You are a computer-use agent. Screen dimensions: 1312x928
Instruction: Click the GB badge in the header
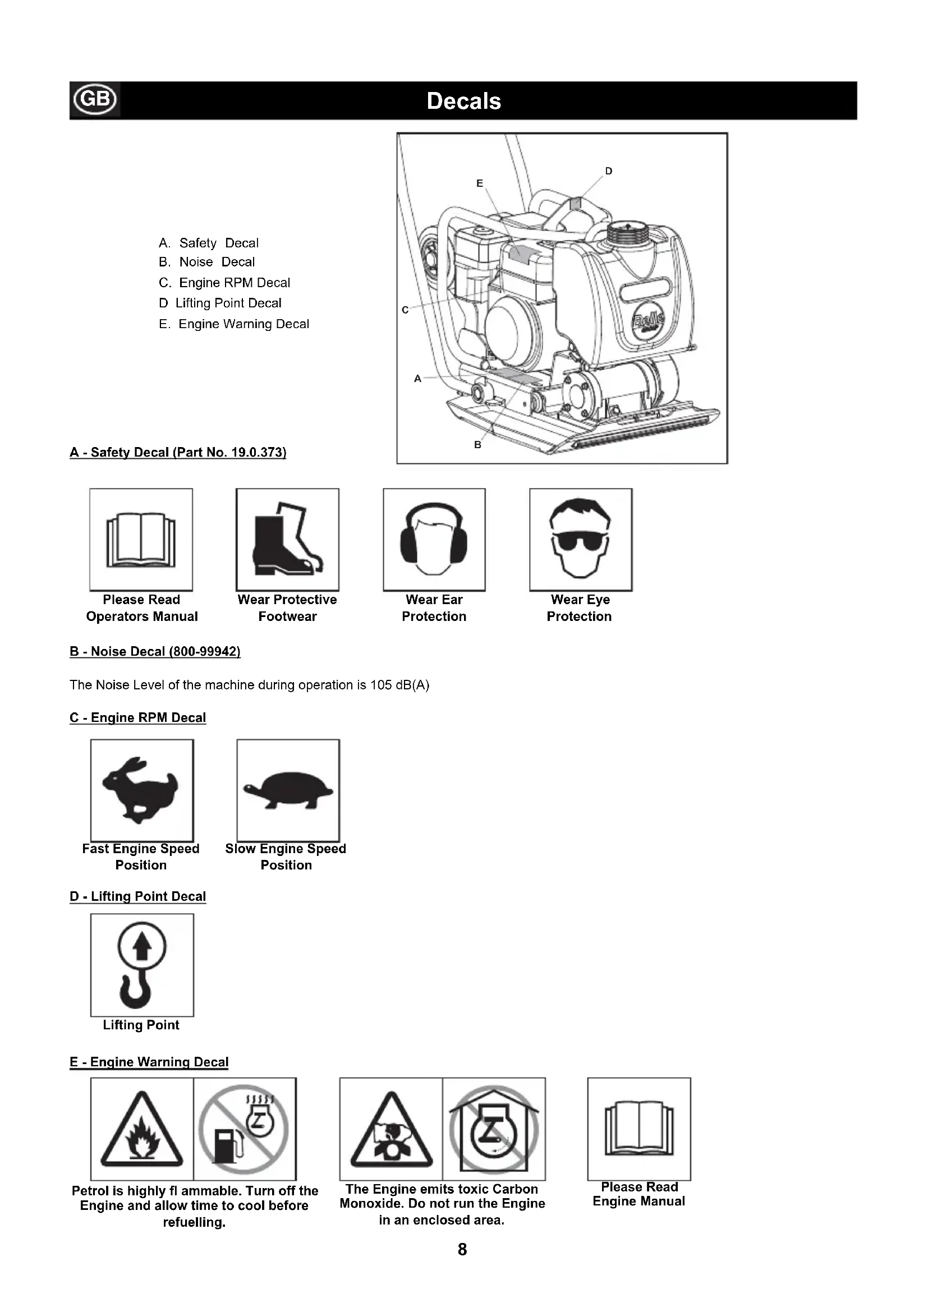95,99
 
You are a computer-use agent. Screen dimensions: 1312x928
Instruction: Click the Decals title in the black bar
463,101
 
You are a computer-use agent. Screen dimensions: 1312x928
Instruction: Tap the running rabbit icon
141,790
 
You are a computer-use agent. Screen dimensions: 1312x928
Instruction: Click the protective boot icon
287,540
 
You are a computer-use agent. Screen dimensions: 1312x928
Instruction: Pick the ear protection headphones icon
434,540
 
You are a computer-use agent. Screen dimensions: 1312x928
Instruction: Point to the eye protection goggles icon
581,540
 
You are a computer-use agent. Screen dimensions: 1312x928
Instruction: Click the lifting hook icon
142,965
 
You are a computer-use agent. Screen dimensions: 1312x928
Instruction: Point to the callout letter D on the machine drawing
609,171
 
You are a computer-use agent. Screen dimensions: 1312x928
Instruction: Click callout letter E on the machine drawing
479,183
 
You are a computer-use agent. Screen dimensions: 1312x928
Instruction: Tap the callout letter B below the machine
477,445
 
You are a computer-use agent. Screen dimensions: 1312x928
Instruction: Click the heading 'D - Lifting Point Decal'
137,896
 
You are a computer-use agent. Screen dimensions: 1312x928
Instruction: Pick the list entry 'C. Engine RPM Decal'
224,283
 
